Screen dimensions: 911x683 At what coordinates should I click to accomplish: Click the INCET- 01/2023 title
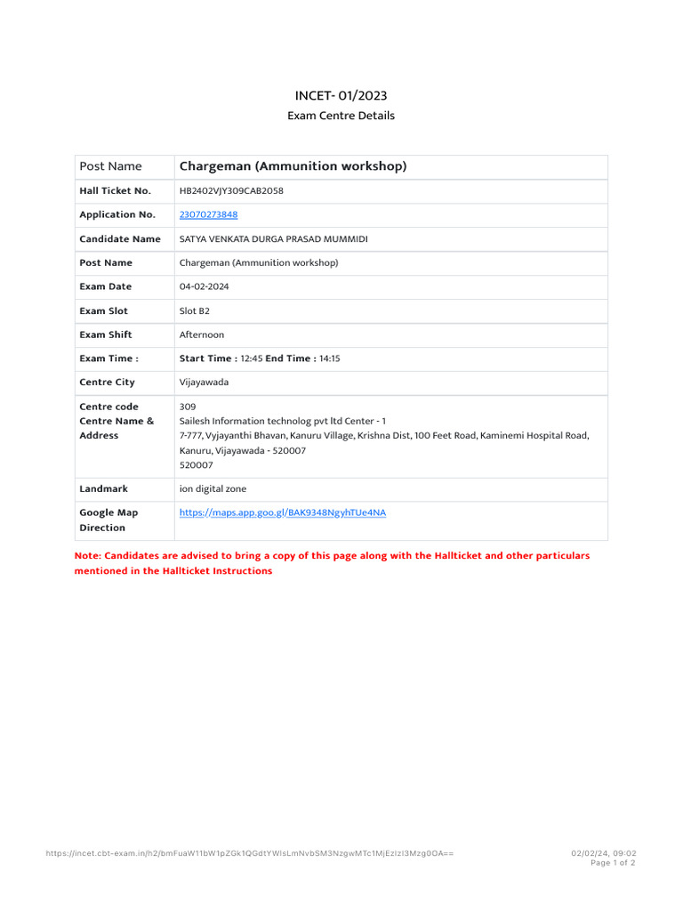[x=341, y=95]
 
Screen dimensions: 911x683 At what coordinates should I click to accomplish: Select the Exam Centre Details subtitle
[x=341, y=116]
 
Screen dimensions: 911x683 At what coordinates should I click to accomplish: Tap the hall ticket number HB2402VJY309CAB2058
[x=231, y=190]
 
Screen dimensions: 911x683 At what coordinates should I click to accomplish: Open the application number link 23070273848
[x=208, y=214]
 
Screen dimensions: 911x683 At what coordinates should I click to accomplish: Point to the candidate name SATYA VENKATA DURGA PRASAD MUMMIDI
[x=273, y=238]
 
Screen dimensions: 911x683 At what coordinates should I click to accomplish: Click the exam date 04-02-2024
[x=205, y=286]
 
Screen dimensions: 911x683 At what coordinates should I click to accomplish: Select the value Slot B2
[x=195, y=310]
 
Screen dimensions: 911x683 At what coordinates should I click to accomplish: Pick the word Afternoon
[x=202, y=335]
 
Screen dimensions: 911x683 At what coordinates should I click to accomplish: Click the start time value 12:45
[x=251, y=359]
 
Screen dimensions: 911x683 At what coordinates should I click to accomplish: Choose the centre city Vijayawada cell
[x=204, y=383]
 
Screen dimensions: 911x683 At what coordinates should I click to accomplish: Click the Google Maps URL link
[x=283, y=512]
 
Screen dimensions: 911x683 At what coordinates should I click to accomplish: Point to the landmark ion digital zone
[x=213, y=488]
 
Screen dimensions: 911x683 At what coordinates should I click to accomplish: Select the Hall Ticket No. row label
[x=115, y=190]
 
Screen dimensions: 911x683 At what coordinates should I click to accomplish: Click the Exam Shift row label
[x=106, y=335]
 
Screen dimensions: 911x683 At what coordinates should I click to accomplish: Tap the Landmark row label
[x=103, y=488]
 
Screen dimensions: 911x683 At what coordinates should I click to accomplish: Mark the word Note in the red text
[x=86, y=555]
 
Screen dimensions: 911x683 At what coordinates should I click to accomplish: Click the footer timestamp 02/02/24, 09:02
[x=603, y=853]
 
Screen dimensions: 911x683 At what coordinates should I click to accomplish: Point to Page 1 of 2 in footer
[x=613, y=863]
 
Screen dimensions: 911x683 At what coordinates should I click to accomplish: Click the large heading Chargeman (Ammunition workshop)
[x=293, y=166]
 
